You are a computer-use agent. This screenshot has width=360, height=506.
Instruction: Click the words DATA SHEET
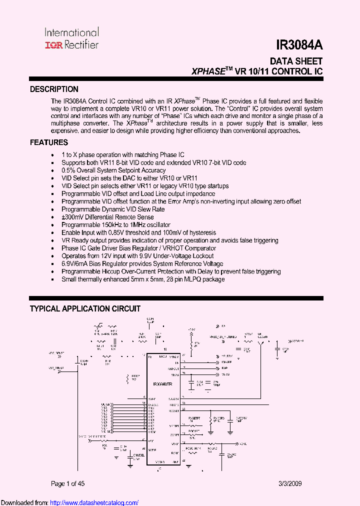click(x=296, y=61)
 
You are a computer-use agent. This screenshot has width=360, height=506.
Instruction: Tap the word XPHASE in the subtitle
click(x=208, y=72)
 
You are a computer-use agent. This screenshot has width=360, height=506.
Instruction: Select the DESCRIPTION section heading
click(x=54, y=89)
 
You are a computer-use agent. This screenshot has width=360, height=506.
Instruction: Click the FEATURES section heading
click(x=49, y=142)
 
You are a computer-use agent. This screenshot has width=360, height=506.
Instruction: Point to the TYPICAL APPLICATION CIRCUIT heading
click(x=85, y=309)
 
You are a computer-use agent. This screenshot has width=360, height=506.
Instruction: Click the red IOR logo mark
click(x=52, y=45)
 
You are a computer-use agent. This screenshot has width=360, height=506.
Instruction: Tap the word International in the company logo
click(x=72, y=33)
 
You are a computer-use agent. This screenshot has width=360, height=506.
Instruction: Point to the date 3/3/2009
click(x=290, y=483)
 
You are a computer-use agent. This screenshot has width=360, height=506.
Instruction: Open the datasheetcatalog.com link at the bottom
click(x=94, y=502)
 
